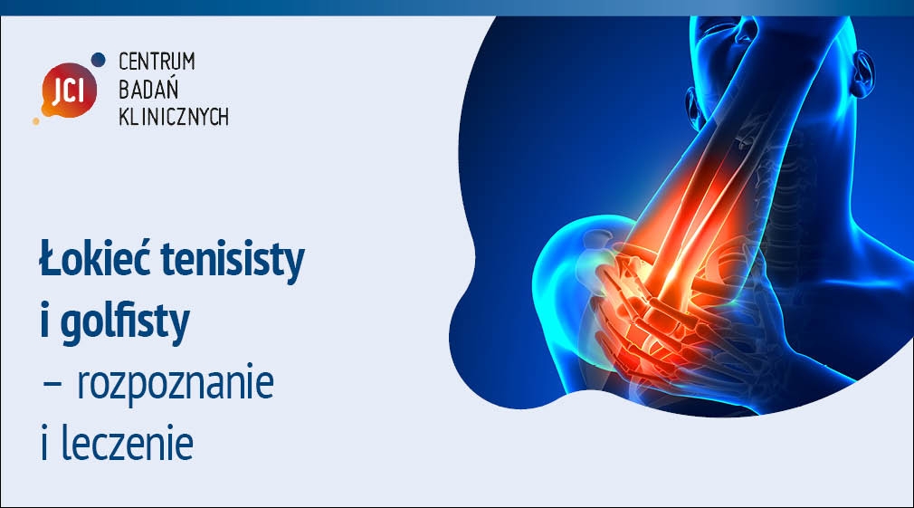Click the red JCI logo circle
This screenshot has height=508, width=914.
[x=69, y=91]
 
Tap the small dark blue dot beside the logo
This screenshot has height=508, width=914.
[x=99, y=59]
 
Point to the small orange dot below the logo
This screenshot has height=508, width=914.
[x=36, y=120]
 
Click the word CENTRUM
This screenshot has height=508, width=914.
[x=157, y=62]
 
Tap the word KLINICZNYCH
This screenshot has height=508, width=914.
[x=174, y=117]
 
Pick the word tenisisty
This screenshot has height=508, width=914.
[x=233, y=260]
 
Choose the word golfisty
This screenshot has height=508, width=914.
[x=125, y=322]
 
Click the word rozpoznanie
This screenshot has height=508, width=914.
[x=176, y=383]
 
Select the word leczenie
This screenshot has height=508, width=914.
[x=127, y=444]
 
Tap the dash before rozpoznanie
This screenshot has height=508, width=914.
[x=52, y=385]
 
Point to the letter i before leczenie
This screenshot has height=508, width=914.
[x=44, y=444]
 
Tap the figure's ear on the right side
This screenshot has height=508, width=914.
[x=862, y=73]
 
